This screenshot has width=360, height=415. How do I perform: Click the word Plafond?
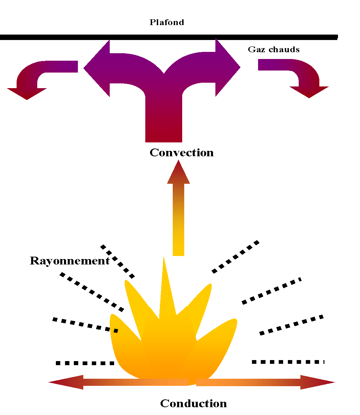[x=167, y=22]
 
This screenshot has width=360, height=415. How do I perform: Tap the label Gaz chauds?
[x=274, y=50]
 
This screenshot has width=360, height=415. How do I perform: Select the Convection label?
[x=182, y=153]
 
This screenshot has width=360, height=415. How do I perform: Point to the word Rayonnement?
[x=69, y=261]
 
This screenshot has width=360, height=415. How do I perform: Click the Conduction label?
[x=193, y=403]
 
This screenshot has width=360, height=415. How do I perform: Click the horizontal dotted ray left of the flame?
[x=85, y=363]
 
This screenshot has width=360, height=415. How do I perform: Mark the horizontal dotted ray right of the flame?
[x=288, y=362]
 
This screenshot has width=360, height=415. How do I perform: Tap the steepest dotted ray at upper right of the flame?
[x=236, y=257]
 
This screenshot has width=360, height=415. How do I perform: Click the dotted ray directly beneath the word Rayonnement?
[x=91, y=292]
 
